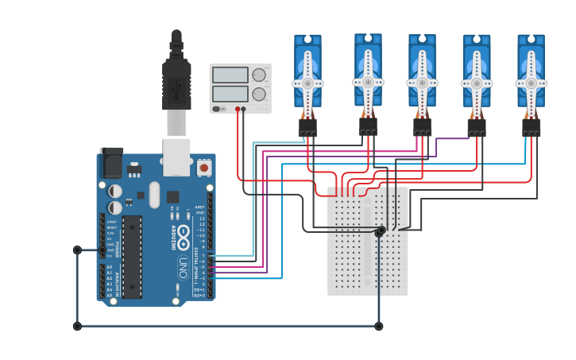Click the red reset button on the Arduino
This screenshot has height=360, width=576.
(x=204, y=168)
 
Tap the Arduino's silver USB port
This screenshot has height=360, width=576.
(x=176, y=156)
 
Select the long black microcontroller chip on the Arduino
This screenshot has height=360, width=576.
(x=131, y=257)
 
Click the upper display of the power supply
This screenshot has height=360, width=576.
(x=230, y=75)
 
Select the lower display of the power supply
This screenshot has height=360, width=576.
(x=230, y=93)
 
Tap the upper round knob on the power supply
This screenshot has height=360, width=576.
(x=259, y=75)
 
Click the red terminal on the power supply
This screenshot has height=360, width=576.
(x=238, y=110)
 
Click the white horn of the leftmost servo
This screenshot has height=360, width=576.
(x=307, y=82)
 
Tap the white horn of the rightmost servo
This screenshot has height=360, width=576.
(x=531, y=82)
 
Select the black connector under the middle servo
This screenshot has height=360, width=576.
(x=422, y=126)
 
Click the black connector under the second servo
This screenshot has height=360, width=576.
(x=367, y=126)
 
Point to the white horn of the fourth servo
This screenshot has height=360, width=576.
(x=476, y=83)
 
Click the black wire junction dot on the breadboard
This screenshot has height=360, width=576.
(x=381, y=230)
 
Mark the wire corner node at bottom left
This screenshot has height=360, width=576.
(x=77, y=326)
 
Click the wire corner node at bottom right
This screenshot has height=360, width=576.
(x=378, y=326)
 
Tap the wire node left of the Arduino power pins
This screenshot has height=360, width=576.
(x=77, y=250)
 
